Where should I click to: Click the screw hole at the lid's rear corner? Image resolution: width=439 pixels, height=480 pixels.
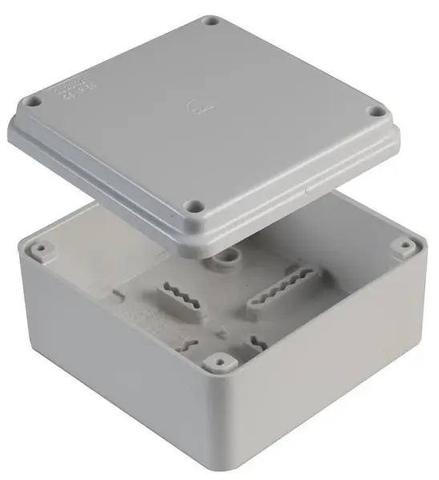(x=211, y=22)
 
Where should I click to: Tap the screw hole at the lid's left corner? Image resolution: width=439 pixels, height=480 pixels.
(x=34, y=102)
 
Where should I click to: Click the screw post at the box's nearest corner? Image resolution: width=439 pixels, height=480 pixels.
(x=214, y=362)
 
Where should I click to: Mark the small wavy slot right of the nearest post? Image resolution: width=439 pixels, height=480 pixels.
(x=256, y=343)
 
